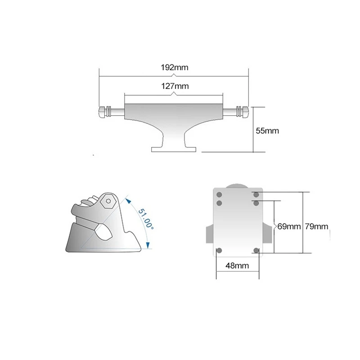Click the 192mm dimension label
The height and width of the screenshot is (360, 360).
coord(175,67)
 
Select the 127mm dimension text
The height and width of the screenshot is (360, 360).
coord(175,86)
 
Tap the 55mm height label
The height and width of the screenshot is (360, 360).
coord(267,130)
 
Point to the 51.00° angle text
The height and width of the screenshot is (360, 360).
coord(146,219)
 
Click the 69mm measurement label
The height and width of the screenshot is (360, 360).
coord(289,226)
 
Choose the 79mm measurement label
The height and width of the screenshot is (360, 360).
coord(317,226)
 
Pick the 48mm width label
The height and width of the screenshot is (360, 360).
coord(237,265)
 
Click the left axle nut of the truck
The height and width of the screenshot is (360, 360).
coord(103,112)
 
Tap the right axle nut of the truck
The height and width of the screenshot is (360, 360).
coord(245,112)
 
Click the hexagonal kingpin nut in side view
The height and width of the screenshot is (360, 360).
coord(108,201)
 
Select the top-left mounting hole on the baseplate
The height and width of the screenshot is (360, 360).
coord(219,195)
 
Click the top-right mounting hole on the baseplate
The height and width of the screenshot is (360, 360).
coord(256,195)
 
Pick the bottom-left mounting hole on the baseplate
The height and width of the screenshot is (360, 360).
coord(219,250)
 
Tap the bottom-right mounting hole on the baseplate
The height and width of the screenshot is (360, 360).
coord(256,250)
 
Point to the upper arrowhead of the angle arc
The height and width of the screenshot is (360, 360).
coord(129,201)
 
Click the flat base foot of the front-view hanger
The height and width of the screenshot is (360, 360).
coord(174,149)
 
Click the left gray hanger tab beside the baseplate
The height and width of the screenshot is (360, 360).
coord(210,234)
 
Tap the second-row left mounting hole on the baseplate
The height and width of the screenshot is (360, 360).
coord(219,203)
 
